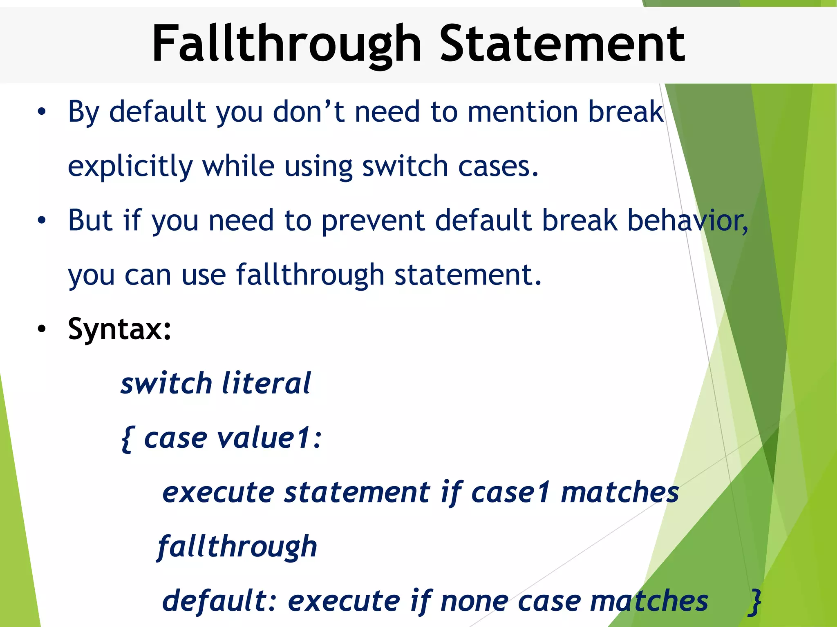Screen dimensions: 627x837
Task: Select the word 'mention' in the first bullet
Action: (523, 111)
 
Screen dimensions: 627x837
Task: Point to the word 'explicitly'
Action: (130, 167)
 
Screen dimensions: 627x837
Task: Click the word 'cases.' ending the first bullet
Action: (498, 167)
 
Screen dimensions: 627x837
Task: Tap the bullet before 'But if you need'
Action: (42, 220)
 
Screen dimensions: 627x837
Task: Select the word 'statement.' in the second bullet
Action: (468, 275)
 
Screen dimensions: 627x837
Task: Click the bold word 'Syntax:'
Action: (120, 329)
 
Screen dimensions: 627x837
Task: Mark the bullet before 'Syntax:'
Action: (42, 329)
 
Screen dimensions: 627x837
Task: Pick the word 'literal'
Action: (266, 384)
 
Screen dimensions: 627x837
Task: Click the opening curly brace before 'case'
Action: (126, 438)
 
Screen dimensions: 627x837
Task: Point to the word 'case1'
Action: (510, 492)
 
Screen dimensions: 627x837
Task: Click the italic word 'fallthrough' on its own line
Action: (237, 547)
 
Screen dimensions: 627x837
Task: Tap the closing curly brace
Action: (755, 601)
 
